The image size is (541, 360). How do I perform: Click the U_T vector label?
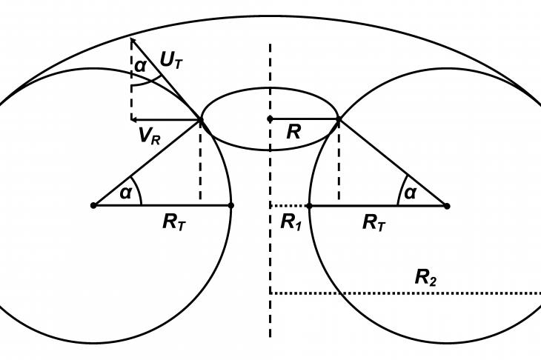[171, 61]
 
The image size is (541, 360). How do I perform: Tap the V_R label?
[150, 136]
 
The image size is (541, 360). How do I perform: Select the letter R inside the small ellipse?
[293, 131]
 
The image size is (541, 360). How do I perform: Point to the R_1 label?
[291, 221]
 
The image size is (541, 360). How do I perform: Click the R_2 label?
[425, 278]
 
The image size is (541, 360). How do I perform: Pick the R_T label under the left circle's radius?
[174, 222]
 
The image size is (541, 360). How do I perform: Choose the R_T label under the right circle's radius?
[374, 222]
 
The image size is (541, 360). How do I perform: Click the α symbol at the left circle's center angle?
[125, 193]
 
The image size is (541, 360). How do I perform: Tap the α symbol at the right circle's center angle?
[410, 193]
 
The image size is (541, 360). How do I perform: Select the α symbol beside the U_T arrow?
[140, 65]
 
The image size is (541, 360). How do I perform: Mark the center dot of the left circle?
[93, 205]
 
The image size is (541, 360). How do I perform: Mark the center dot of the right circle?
[447, 206]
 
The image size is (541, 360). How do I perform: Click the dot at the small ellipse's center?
[270, 119]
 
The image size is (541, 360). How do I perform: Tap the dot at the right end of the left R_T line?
[231, 205]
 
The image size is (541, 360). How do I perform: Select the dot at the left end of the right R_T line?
[310, 206]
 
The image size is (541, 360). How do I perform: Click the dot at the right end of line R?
[339, 119]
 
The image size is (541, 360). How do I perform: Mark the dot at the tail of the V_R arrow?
[200, 120]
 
